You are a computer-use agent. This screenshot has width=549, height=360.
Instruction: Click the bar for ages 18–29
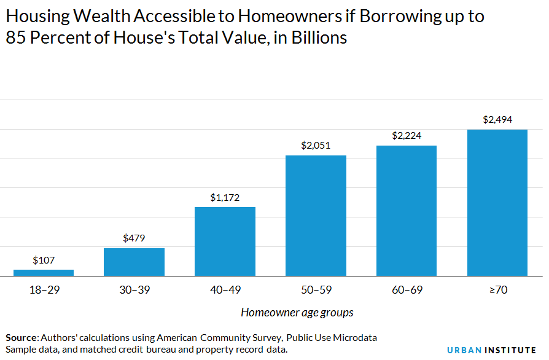coord(44,273)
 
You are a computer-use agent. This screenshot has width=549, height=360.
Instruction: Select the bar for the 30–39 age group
coord(134,262)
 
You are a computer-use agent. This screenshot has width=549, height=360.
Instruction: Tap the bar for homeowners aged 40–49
coord(225,241)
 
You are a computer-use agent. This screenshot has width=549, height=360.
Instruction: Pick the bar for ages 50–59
coord(316,216)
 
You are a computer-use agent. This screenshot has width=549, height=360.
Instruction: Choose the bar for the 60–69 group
coord(407,211)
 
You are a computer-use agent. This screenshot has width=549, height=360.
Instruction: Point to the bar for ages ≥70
coord(497,203)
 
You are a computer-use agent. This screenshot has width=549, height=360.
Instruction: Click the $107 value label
coord(44,259)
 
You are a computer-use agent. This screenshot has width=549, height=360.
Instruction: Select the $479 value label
coord(134,238)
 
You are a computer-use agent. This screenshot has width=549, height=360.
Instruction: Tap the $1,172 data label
coord(225,197)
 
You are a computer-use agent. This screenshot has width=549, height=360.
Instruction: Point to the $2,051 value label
coord(316,146)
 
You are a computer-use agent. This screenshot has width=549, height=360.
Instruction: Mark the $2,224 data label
coord(407,135)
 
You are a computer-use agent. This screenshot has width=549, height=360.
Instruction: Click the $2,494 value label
coord(497,119)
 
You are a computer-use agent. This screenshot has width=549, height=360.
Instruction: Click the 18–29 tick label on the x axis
coord(44,289)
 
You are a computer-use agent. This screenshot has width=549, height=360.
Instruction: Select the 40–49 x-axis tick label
coord(225,289)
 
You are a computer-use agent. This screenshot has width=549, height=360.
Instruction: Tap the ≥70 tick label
coord(497,289)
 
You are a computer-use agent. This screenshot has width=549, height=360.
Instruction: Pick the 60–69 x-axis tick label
coord(407,289)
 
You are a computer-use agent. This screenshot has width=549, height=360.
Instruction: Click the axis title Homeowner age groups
coord(297,312)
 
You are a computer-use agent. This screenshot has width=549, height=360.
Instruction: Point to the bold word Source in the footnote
coord(21,338)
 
